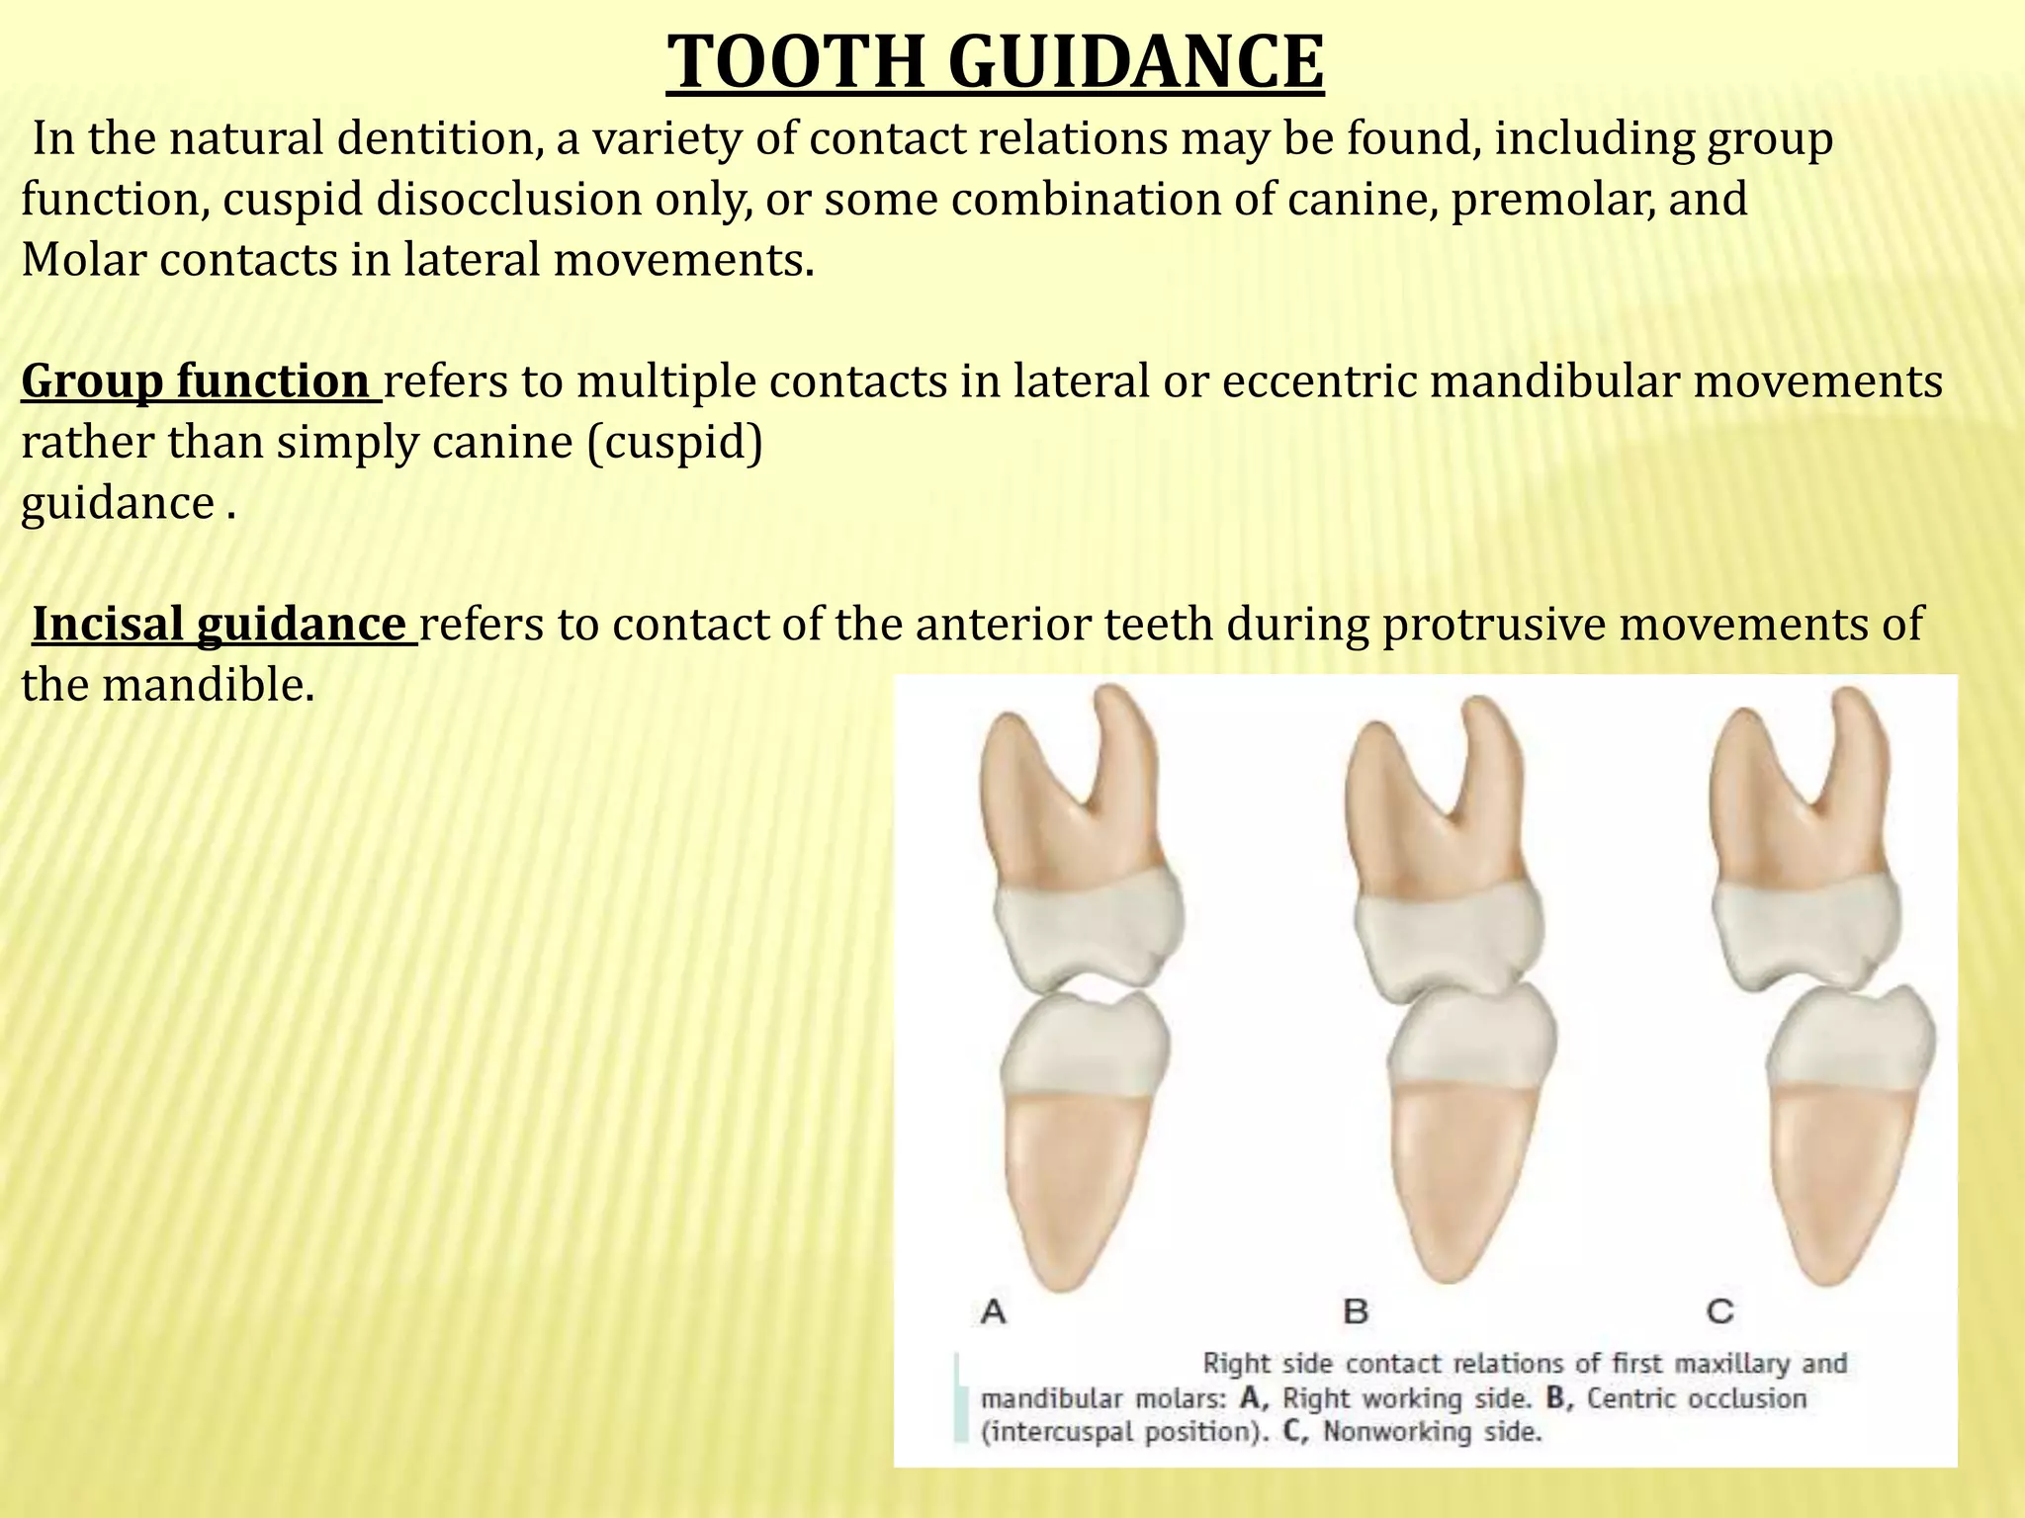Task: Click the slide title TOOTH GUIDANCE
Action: [995, 62]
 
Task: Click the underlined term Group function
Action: [196, 380]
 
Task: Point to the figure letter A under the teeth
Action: [993, 1311]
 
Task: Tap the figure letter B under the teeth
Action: [1356, 1311]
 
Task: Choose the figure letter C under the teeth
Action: [1720, 1311]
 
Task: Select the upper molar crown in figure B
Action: [1447, 934]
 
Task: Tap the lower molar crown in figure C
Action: [1848, 1048]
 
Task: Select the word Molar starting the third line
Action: [83, 260]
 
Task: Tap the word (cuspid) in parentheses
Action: [674, 442]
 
